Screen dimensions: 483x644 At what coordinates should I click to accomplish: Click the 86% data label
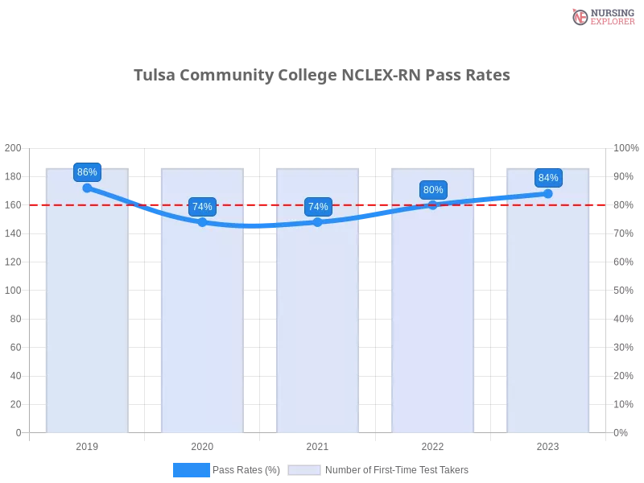[x=87, y=172]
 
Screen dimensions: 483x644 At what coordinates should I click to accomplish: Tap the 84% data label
[x=548, y=178]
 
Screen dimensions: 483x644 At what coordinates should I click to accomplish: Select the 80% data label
[x=433, y=190]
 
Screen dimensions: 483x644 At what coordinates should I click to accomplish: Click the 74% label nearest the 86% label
[x=202, y=207]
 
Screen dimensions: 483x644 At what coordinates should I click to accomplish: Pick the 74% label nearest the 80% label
[x=318, y=207]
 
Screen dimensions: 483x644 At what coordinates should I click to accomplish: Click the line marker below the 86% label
[x=87, y=188]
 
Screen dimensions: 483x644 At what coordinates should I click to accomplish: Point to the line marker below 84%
[x=548, y=193]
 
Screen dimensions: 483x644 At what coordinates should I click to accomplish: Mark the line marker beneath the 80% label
[x=433, y=204]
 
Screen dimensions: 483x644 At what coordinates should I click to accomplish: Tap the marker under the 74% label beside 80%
[x=318, y=222]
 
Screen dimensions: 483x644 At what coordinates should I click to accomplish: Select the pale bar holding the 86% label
[x=87, y=322]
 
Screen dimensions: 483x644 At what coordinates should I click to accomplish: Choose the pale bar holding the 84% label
[x=547, y=322]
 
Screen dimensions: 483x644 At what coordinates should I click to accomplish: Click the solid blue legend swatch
[x=191, y=470]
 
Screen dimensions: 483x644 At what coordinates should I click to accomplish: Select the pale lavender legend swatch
[x=304, y=470]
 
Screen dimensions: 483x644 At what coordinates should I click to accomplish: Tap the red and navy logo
[x=601, y=17]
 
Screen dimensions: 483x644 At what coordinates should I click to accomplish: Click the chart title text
[x=322, y=76]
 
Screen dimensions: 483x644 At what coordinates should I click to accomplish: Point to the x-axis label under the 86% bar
[x=87, y=445]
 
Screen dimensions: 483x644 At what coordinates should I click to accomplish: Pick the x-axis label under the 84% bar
[x=547, y=445]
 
